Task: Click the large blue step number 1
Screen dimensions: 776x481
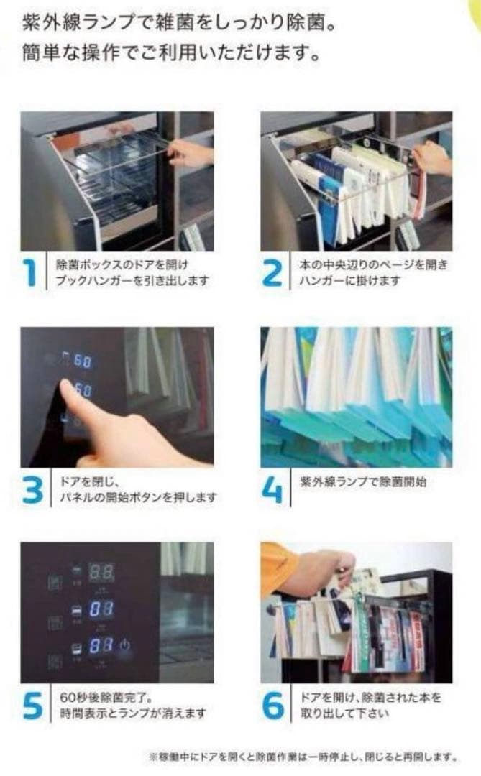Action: point(32,274)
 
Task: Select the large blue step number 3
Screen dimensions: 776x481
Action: point(34,489)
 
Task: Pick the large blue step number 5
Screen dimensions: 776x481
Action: point(34,706)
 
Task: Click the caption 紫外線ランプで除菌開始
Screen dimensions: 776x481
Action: point(362,481)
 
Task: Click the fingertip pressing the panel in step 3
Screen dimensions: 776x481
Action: point(66,387)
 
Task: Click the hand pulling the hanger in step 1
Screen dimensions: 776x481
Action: point(191,152)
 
